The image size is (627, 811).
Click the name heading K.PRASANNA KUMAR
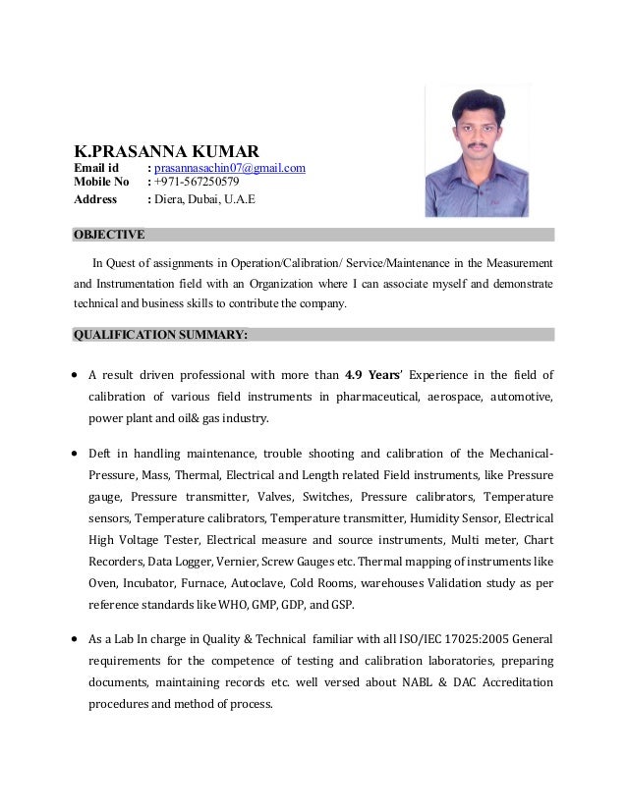[x=167, y=152]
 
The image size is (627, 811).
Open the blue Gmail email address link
[x=230, y=169]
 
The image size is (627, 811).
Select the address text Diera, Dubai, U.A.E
[x=204, y=200]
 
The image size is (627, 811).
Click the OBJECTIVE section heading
[x=109, y=235]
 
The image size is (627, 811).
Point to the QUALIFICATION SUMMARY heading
[x=160, y=335]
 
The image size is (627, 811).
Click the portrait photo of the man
[x=478, y=149]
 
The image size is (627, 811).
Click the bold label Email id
[x=97, y=169]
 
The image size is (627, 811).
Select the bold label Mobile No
[x=102, y=183]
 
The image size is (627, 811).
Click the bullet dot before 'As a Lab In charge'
[x=77, y=639]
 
